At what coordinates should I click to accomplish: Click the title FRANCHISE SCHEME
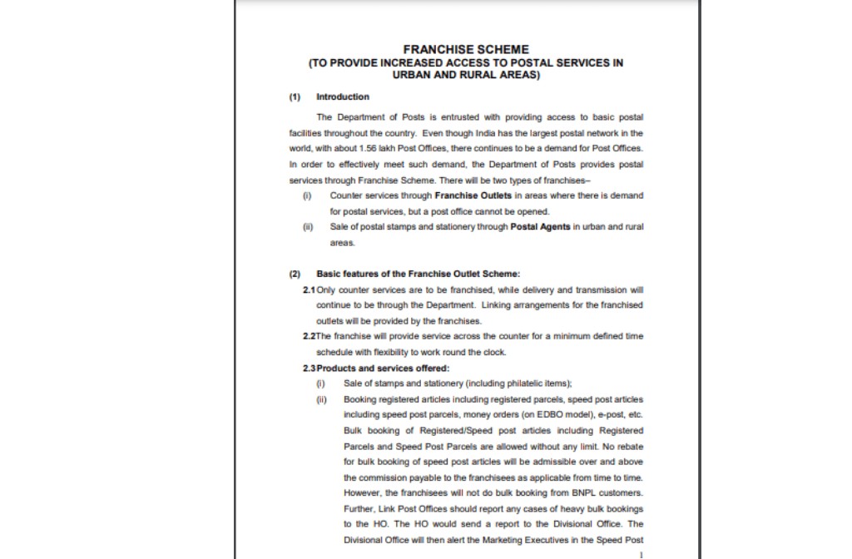(466, 50)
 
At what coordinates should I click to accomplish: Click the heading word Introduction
(343, 97)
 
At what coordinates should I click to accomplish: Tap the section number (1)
(295, 97)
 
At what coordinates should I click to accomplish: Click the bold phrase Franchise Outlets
(473, 195)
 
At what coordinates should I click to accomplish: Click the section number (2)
(295, 274)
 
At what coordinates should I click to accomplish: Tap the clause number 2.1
(309, 289)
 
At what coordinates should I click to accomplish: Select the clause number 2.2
(309, 336)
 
